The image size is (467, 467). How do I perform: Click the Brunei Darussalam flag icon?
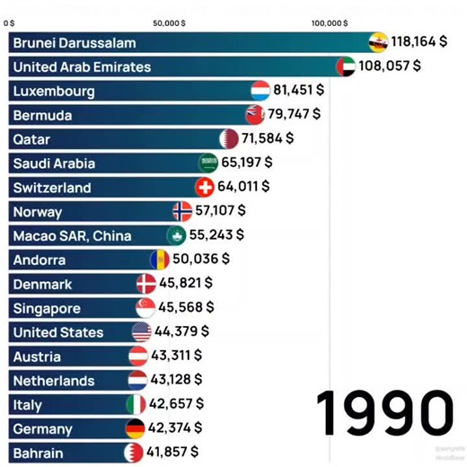point(379,42)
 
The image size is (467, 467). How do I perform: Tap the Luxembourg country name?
point(54,91)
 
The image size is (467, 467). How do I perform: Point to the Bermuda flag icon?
point(255,115)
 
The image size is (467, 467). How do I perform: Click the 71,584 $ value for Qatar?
point(267,139)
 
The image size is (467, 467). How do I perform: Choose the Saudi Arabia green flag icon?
point(208,163)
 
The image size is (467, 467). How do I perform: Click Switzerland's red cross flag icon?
point(205,188)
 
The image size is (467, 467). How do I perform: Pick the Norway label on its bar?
point(38,212)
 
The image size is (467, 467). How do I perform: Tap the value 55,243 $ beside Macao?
point(216,235)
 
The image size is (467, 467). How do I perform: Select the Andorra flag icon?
point(160,260)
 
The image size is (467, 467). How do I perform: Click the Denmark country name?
point(42,284)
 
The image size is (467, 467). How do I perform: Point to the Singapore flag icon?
point(145,308)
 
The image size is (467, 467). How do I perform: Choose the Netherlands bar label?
point(54,380)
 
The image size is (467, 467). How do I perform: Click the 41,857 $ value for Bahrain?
point(172,452)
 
